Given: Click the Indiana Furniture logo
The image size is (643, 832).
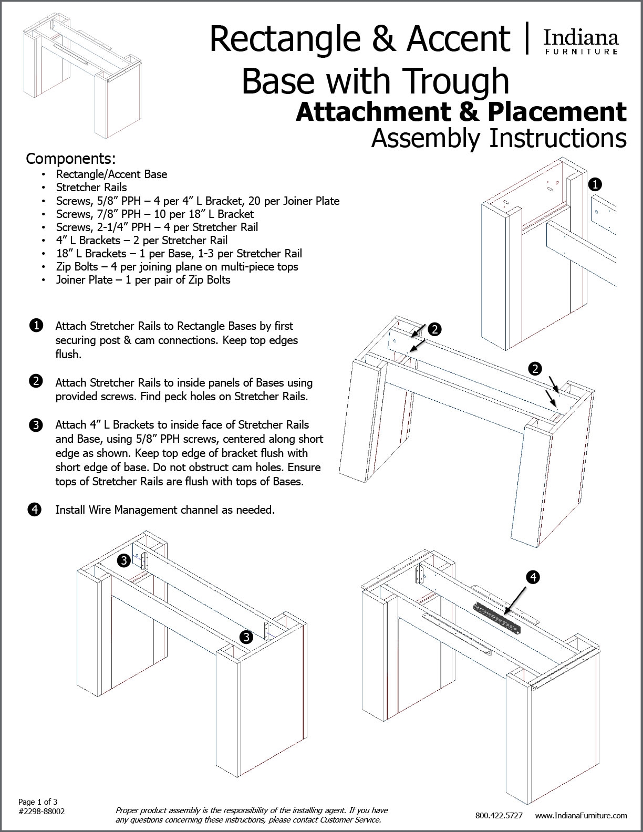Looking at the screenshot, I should (580, 41).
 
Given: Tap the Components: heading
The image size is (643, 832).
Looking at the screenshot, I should (71, 158).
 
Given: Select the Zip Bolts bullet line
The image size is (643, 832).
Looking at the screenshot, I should (177, 266).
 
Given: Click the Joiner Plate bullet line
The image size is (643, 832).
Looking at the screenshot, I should (143, 279).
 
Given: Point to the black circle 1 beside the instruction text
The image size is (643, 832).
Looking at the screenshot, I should (36, 326).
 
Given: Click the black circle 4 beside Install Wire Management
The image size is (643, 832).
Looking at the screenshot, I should (36, 509).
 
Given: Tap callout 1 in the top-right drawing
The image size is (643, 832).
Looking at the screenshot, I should (595, 184).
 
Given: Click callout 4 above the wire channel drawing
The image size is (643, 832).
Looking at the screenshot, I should (533, 577).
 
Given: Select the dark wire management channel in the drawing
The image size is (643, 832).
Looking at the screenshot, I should (497, 619).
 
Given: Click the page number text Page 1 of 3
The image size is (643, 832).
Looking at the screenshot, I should (38, 802).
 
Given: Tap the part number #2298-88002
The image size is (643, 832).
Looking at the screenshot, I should (42, 811).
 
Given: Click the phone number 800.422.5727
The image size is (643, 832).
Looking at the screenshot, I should (499, 816).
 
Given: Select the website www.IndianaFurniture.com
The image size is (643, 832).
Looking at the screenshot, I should (581, 816).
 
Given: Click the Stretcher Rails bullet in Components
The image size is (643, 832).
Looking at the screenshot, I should (91, 187).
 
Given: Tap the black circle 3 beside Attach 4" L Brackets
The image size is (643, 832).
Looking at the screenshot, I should (36, 425).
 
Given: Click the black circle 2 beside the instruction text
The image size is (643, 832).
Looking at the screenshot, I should (36, 382).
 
